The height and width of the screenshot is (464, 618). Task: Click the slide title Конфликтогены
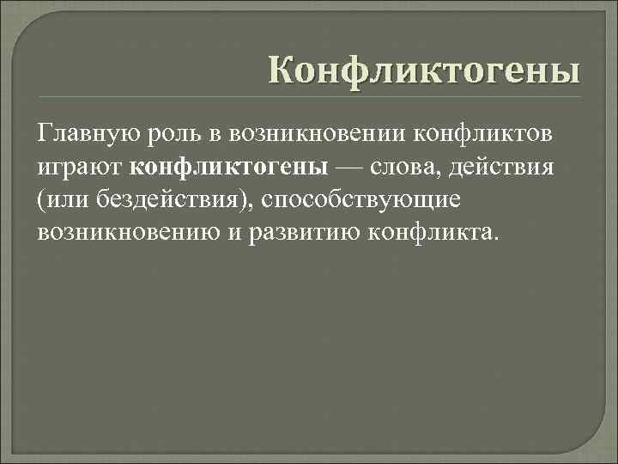pos(423,69)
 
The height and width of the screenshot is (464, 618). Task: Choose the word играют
pos(82,167)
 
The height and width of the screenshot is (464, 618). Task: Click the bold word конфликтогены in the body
pos(236,166)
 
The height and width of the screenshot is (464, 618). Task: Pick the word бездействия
pos(169,198)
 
